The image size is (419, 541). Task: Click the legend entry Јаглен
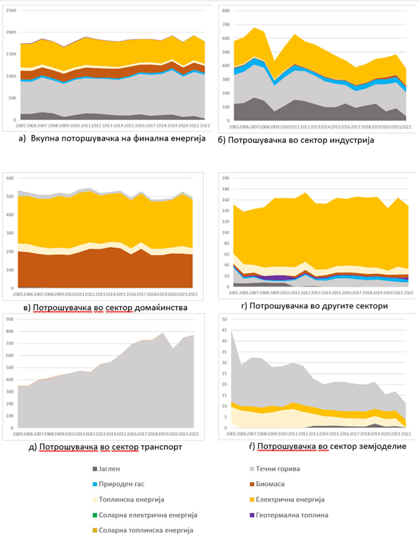tap(109, 469)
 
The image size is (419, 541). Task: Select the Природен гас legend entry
tap(121, 484)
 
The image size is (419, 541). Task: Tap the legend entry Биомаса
tap(270, 484)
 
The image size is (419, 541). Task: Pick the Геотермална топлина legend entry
tap(292, 515)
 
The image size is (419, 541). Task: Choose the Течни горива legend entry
tap(278, 469)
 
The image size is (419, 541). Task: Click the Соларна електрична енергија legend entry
tap(148, 515)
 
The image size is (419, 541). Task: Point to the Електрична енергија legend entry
tap(290, 500)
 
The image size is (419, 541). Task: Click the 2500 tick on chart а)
tap(11, 10)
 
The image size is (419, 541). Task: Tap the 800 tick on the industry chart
tap(226, 11)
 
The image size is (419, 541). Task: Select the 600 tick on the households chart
tap(10, 178)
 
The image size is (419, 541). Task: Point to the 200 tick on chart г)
tap(226, 178)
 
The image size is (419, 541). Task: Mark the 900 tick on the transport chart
tap(10, 319)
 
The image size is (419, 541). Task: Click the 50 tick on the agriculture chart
tap(225, 319)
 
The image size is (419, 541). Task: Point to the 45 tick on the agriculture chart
tap(225, 341)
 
